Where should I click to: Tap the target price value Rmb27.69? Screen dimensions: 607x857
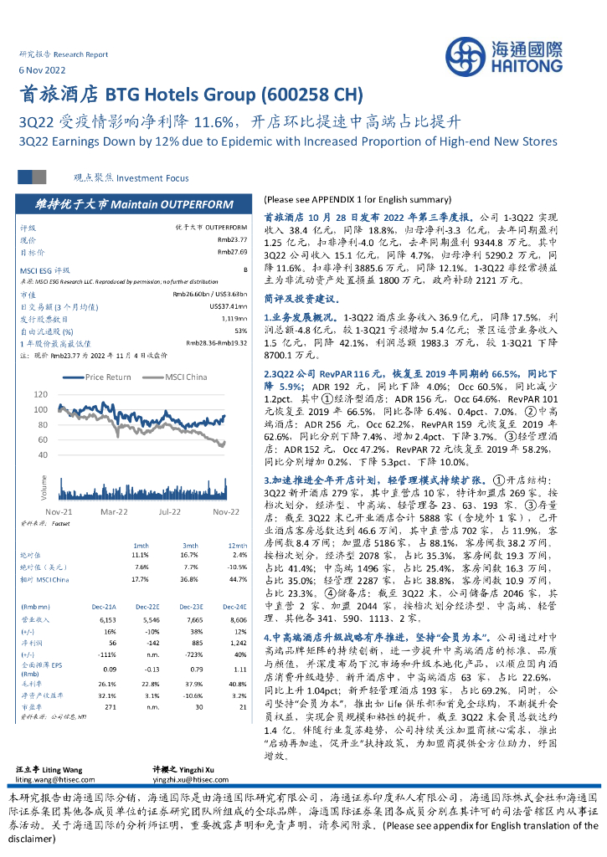click(232, 251)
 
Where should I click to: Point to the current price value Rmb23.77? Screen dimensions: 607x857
click(232, 239)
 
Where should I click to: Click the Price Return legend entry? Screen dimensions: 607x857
click(108, 377)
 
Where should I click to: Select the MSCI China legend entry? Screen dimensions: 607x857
click(187, 377)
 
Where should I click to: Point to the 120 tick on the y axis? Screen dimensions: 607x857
click(63, 394)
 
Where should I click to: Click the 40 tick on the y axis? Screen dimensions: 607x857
click(65, 457)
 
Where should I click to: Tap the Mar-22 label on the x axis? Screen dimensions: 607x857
click(114, 510)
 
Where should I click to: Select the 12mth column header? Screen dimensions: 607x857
click(238, 544)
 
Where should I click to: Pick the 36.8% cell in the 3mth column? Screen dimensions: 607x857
click(188, 579)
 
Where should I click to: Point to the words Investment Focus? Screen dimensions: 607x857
click(152, 178)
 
